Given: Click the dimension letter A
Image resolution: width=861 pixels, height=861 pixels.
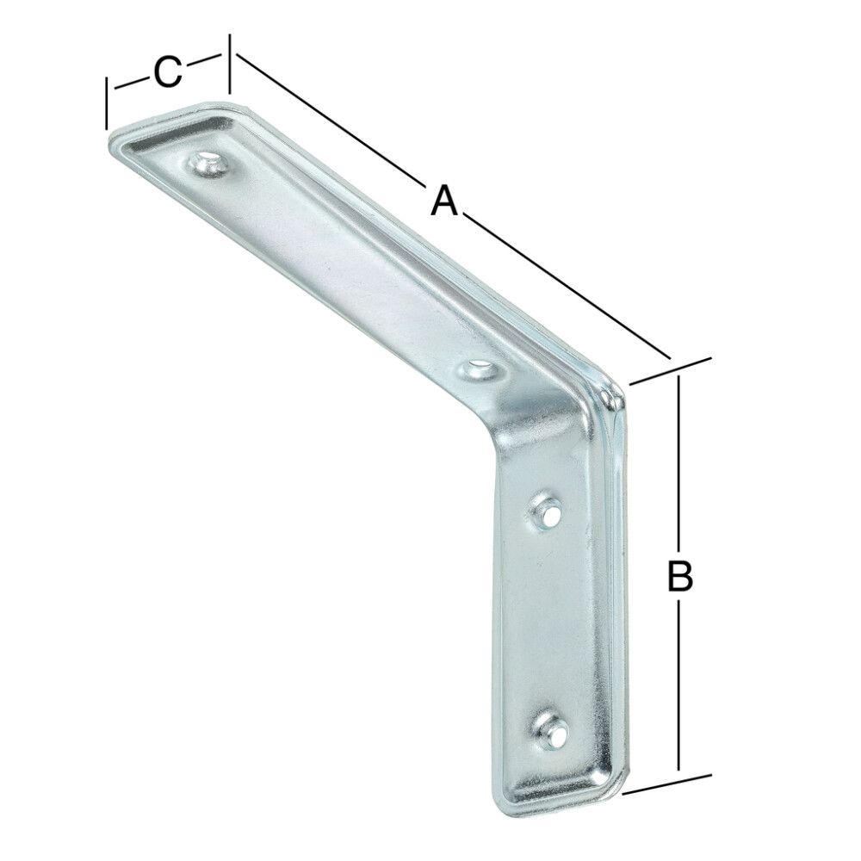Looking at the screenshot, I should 443,201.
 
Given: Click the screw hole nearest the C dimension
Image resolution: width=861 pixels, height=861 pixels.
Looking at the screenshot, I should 207,164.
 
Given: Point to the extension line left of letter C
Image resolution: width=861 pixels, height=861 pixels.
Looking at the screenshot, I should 106,103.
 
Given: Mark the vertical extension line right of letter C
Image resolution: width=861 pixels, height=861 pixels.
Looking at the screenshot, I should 229,64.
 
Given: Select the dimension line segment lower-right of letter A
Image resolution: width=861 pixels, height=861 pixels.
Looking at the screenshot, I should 568,288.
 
